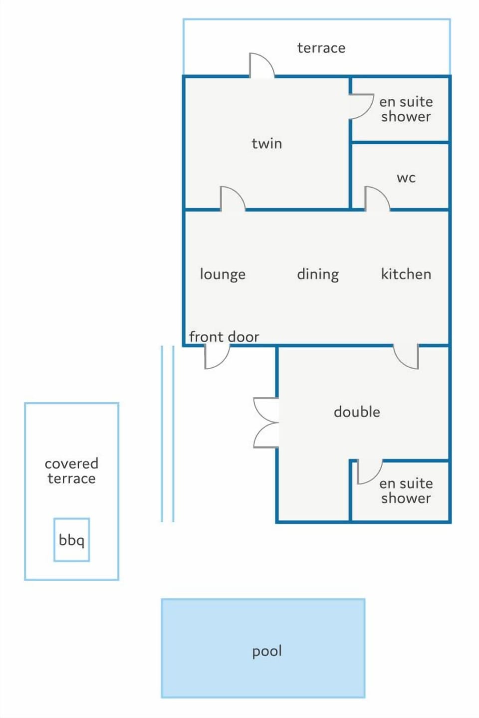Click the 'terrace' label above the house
[321, 48]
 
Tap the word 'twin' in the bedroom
[267, 143]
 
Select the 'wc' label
[406, 178]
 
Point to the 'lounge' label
[223, 274]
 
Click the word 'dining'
[318, 274]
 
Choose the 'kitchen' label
[406, 274]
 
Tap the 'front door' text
[224, 337]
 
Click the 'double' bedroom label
[357, 412]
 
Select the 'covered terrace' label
[71, 471]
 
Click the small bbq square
[71, 540]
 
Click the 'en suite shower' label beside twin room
[406, 109]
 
